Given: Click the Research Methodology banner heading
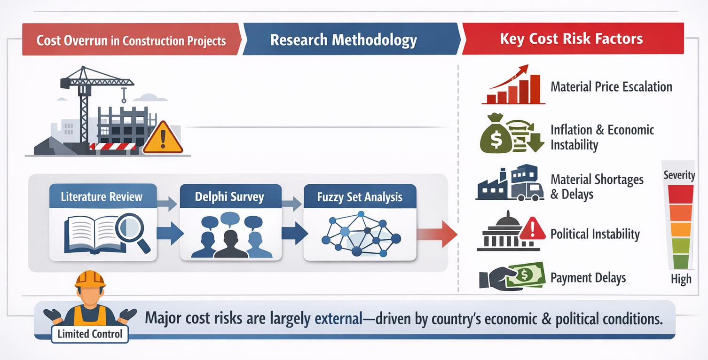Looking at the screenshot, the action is (x=344, y=40).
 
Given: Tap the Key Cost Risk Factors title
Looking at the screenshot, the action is (x=572, y=39).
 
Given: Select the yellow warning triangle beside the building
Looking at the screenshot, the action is (x=163, y=138).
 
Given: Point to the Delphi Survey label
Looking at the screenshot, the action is (x=229, y=197).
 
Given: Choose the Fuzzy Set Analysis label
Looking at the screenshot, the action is (x=360, y=197).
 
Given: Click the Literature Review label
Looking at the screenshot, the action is (x=102, y=196).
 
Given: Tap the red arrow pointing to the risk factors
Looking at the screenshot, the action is (x=437, y=234).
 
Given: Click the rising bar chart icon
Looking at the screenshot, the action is (x=514, y=85).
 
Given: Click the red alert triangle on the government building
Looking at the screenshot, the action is (x=533, y=228).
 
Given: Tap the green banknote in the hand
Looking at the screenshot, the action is (x=526, y=274).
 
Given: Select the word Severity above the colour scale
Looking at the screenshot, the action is (x=679, y=175).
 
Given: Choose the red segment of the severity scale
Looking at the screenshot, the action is (x=681, y=194).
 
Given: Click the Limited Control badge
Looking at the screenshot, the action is (x=90, y=334).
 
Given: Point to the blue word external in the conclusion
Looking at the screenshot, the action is (x=338, y=319).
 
